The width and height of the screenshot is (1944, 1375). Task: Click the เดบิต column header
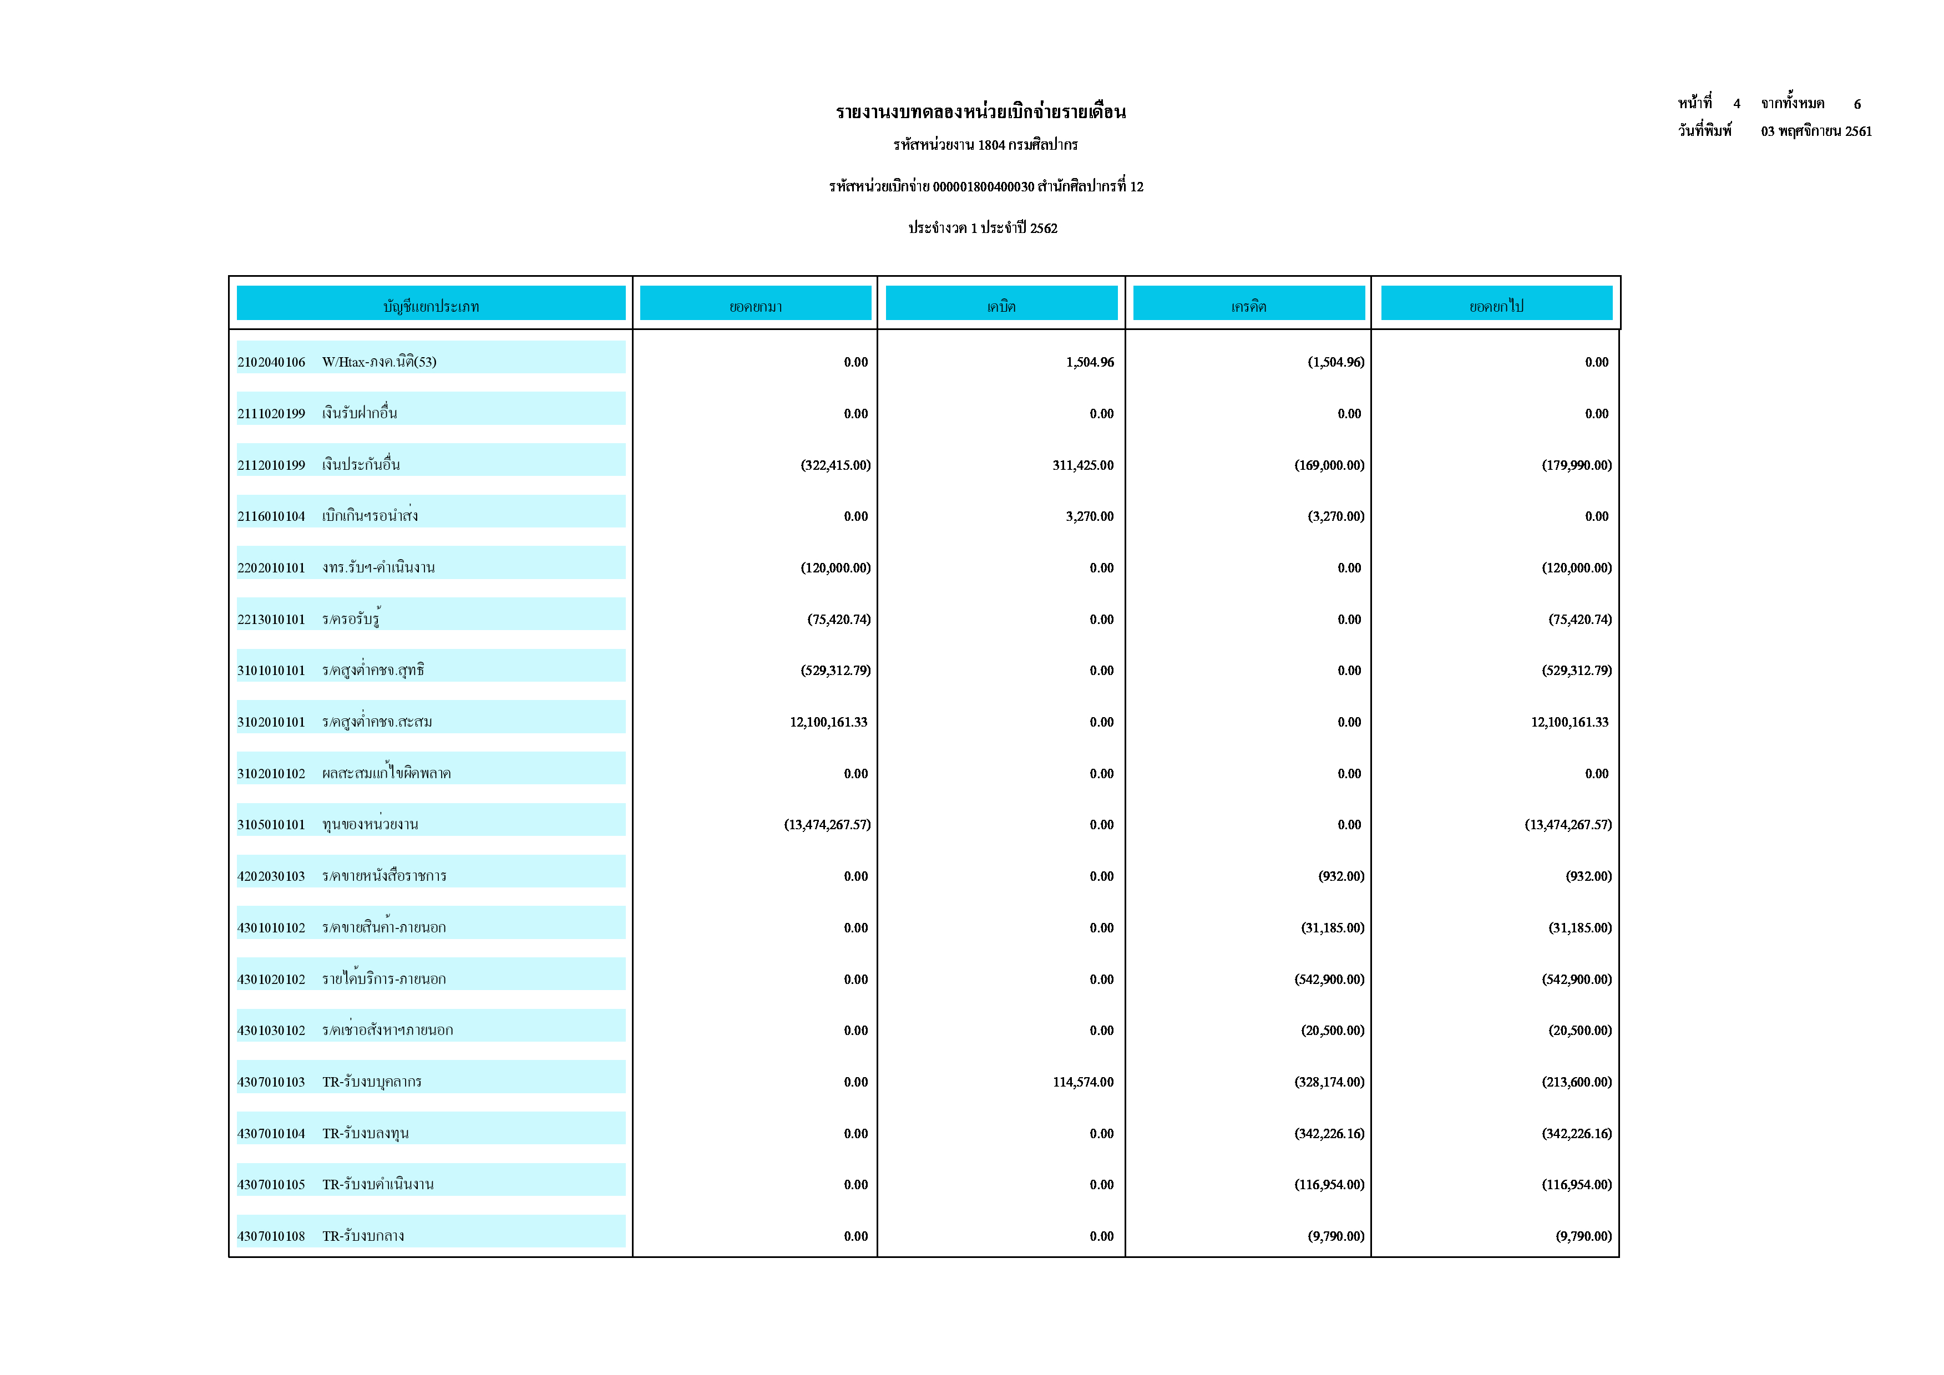[1001, 306]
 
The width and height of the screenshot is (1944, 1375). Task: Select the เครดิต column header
[1249, 306]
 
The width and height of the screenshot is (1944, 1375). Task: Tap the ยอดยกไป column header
[1496, 306]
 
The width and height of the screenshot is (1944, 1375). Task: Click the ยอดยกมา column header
[755, 306]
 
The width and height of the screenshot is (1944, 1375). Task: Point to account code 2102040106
[271, 362]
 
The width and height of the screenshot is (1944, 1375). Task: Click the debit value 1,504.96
[1090, 362]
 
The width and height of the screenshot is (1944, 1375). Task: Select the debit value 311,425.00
[1083, 465]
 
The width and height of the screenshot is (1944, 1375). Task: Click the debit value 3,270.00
[1090, 516]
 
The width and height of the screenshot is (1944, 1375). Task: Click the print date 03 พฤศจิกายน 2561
[1816, 131]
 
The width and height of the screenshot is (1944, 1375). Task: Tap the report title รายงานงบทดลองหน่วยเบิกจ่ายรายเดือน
[980, 111]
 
